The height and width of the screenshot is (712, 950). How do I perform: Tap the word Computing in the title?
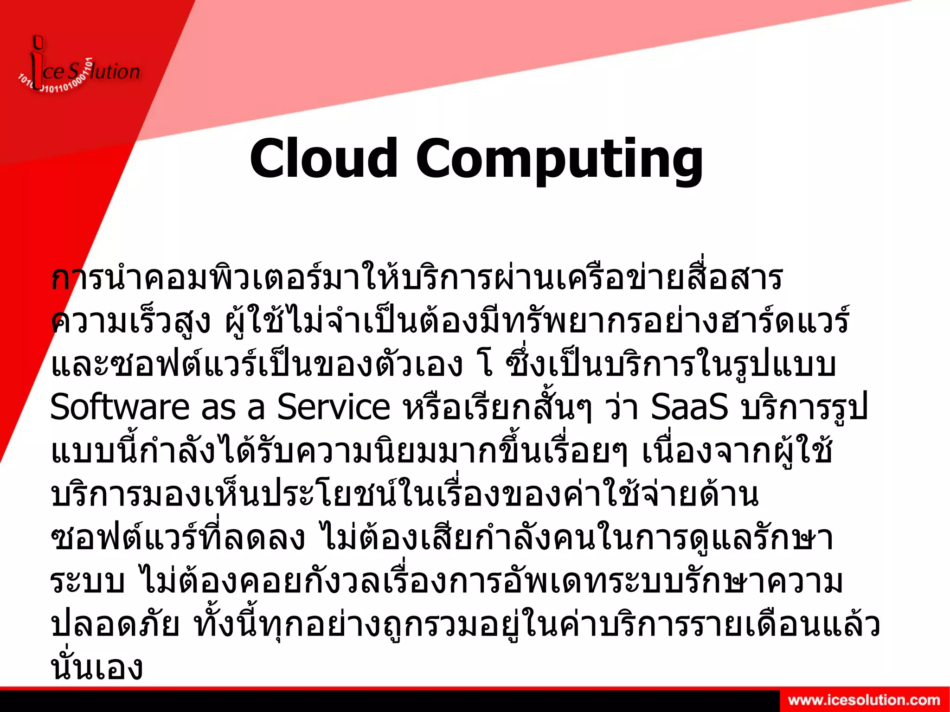(559, 160)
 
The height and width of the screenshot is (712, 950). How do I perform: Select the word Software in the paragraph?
(120, 407)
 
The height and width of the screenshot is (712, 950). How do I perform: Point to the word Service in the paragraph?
(334, 407)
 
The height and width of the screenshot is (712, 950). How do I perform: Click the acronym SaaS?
(689, 407)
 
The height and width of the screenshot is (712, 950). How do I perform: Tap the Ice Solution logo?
(79, 70)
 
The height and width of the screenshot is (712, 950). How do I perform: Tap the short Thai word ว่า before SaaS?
(622, 407)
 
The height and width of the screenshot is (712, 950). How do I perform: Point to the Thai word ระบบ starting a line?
(87, 581)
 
